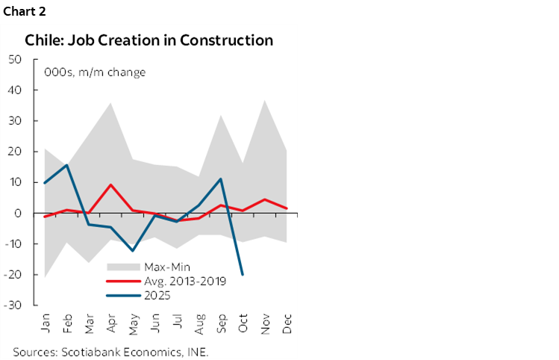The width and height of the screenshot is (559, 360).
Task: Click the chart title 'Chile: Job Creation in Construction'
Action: (x=149, y=40)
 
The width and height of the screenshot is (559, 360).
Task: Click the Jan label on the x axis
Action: (x=46, y=323)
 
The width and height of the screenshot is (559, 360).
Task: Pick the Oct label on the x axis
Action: (x=243, y=323)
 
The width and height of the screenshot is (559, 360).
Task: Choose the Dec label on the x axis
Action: (x=287, y=323)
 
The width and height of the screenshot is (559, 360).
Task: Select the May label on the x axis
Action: (x=134, y=323)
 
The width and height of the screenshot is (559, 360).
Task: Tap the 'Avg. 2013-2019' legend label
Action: (x=188, y=281)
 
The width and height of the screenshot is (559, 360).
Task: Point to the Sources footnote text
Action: (x=110, y=350)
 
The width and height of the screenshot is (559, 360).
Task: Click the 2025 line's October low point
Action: (x=243, y=275)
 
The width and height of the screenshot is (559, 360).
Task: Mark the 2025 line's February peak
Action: (x=67, y=165)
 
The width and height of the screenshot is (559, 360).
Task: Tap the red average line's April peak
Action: (x=111, y=184)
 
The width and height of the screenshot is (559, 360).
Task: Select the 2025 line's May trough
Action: (x=133, y=251)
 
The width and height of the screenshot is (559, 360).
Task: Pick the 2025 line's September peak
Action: (x=221, y=179)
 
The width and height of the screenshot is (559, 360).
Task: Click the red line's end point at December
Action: (x=287, y=208)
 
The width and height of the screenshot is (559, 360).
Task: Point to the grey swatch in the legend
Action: (x=124, y=267)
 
